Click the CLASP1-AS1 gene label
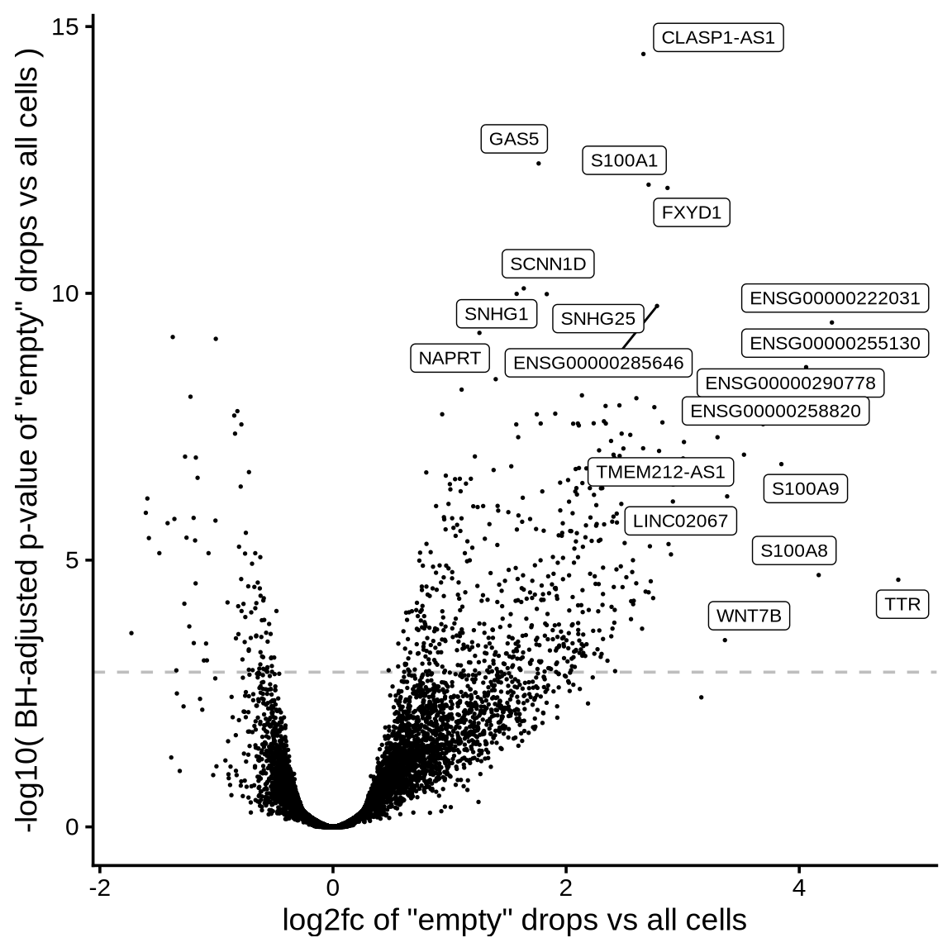pyautogui.click(x=718, y=38)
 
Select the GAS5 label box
pyautogui.click(x=514, y=139)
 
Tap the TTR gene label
pyautogui.click(x=902, y=604)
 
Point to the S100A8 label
pyautogui.click(x=794, y=550)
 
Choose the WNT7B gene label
pyautogui.click(x=748, y=616)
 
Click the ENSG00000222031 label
pyautogui.click(x=835, y=297)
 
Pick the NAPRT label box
pyautogui.click(x=450, y=358)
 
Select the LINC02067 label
pyautogui.click(x=680, y=521)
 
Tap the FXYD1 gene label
pyautogui.click(x=692, y=212)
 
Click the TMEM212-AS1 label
pyautogui.click(x=660, y=472)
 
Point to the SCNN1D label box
pyautogui.click(x=548, y=264)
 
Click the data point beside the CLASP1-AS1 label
pyautogui.click(x=643, y=54)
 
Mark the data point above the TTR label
pyautogui.click(x=898, y=580)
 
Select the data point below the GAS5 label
pyautogui.click(x=539, y=164)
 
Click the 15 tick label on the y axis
pyautogui.click(x=64, y=27)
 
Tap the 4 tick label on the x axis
pyautogui.click(x=799, y=888)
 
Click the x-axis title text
pyautogui.click(x=514, y=920)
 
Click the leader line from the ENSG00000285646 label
pyautogui.click(x=640, y=326)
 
